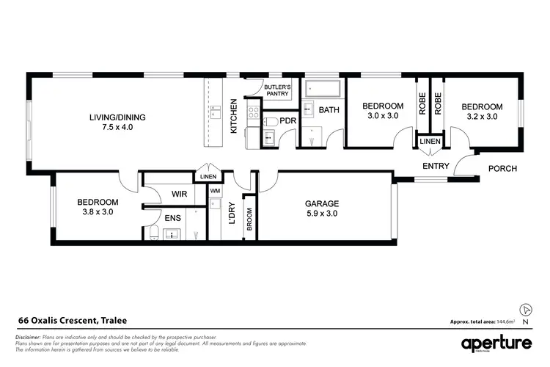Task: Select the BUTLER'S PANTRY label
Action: tap(278, 91)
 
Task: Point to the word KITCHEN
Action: tap(234, 115)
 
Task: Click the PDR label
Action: tap(287, 120)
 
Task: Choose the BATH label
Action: tap(329, 111)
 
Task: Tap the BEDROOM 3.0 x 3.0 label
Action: tap(382, 111)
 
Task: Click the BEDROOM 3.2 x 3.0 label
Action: tap(481, 111)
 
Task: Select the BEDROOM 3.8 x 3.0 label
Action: tap(98, 207)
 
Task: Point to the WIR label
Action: tap(180, 195)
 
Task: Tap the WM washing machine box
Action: tap(215, 192)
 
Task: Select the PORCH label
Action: tap(502, 169)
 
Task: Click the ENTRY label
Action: tap(435, 167)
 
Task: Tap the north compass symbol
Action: tap(525, 310)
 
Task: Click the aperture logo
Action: tap(496, 344)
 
